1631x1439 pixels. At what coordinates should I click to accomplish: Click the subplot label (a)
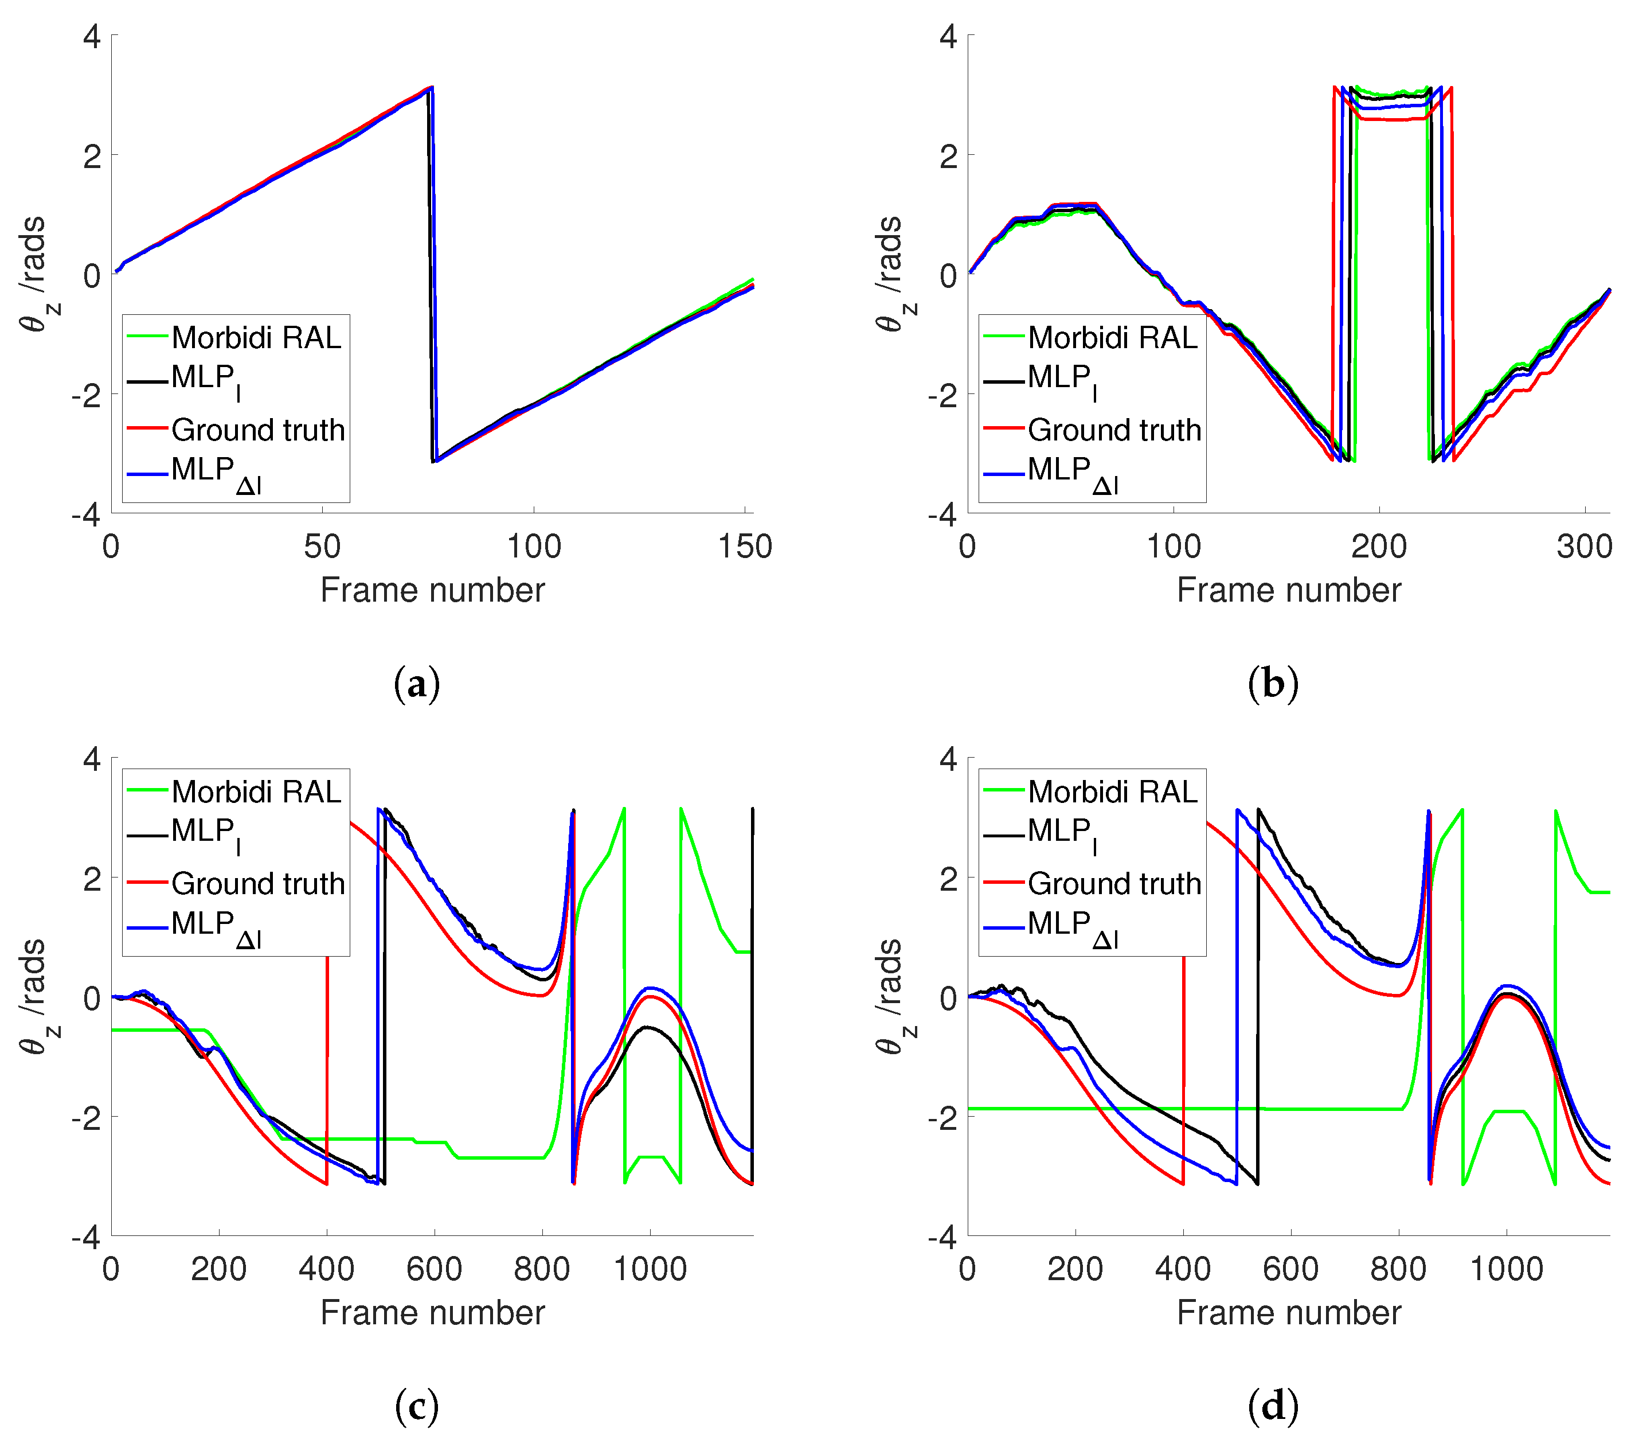417,684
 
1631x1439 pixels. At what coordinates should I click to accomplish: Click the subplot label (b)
1273,684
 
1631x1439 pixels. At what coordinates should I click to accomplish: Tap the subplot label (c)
417,1406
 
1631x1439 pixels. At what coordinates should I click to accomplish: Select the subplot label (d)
1273,1406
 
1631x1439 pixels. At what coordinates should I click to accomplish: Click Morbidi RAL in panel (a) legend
255,338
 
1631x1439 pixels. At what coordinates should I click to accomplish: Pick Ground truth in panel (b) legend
1113,430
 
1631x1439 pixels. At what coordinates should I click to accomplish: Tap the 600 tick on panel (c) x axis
434,1270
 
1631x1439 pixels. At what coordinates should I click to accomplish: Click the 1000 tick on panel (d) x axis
1505,1270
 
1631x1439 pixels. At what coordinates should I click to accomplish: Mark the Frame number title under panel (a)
432,591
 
